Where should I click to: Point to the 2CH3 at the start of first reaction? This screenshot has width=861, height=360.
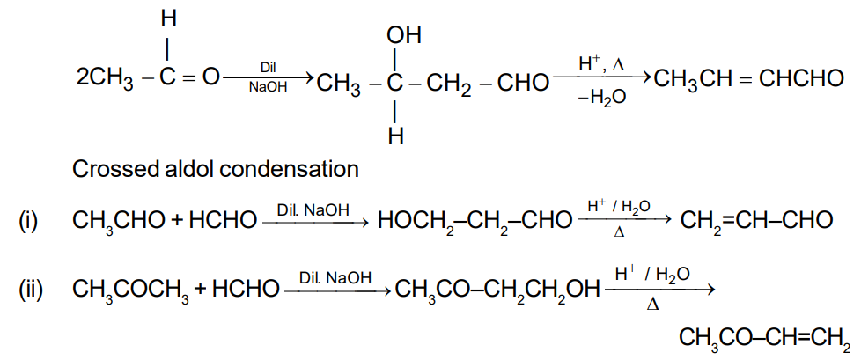click(x=105, y=81)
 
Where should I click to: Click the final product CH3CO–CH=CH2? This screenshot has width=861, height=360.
click(x=764, y=338)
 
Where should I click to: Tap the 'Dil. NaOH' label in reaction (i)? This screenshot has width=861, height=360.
click(x=313, y=210)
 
